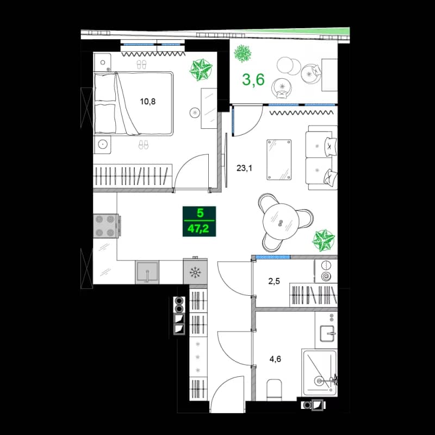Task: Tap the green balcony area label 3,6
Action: [x=253, y=79]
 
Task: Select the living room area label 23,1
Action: [x=244, y=169]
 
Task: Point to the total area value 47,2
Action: [x=198, y=229]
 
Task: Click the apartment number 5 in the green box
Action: [x=198, y=214]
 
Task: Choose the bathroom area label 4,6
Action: [x=276, y=359]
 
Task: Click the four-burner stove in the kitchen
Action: [x=107, y=226]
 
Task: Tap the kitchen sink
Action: [x=147, y=271]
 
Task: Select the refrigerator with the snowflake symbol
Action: [x=194, y=272]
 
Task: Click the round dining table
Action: [x=281, y=222]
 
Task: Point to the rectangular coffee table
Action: [x=279, y=159]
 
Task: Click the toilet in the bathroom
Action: [x=274, y=390]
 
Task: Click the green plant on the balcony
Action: [x=242, y=54]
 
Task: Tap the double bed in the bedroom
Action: [x=134, y=103]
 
